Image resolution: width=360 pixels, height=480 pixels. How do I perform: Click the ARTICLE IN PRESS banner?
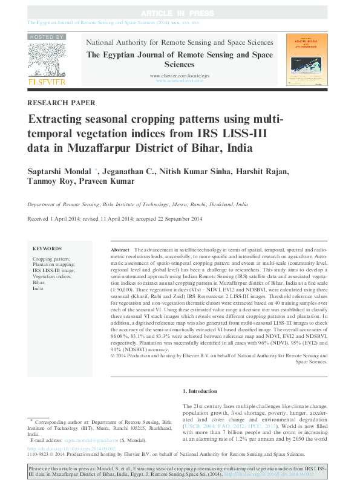[179, 13]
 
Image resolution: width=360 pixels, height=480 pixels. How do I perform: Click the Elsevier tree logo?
[47, 59]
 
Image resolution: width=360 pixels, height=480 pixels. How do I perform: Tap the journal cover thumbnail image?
[303, 60]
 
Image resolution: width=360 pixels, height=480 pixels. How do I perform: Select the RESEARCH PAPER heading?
[61, 103]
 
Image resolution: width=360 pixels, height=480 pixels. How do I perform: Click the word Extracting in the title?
[59, 119]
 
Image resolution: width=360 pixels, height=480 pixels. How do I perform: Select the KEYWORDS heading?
[47, 248]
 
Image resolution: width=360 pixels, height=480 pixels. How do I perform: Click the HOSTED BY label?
[47, 37]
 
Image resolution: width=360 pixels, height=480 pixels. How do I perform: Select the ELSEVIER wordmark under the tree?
[47, 80]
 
